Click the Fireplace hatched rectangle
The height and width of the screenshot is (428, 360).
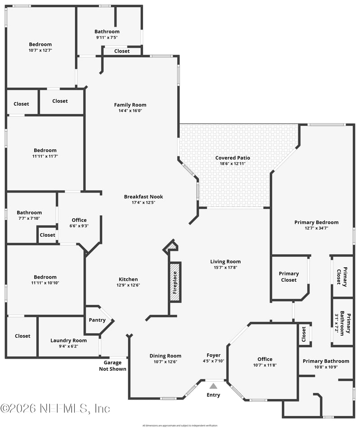[175, 281]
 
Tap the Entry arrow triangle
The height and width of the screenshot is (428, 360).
[213, 386]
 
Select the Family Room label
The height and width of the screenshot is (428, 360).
[130, 105]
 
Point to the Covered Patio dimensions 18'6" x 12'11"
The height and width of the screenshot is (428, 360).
[233, 164]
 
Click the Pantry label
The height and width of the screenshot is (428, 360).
[97, 320]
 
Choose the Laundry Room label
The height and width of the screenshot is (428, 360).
[68, 340]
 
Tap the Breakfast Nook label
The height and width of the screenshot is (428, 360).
[144, 197]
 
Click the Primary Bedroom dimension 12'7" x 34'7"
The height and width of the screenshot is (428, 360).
[316, 228]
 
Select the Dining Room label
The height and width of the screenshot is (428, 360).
[165, 356]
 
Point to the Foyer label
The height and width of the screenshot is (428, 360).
[213, 356]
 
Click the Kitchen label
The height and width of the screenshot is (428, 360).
[128, 279]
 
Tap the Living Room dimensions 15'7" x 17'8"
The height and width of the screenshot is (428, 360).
[225, 267]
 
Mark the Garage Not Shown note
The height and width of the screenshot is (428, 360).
[112, 366]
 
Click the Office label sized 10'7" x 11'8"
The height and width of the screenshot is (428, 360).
[265, 359]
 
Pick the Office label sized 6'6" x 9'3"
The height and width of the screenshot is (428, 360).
[79, 220]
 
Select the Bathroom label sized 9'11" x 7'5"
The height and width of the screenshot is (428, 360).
[107, 32]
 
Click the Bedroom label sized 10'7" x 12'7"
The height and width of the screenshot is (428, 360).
[40, 44]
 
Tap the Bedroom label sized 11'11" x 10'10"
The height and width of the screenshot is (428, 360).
[45, 277]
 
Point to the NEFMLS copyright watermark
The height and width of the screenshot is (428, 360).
[55, 408]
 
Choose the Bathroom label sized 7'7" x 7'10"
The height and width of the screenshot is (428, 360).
[29, 212]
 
